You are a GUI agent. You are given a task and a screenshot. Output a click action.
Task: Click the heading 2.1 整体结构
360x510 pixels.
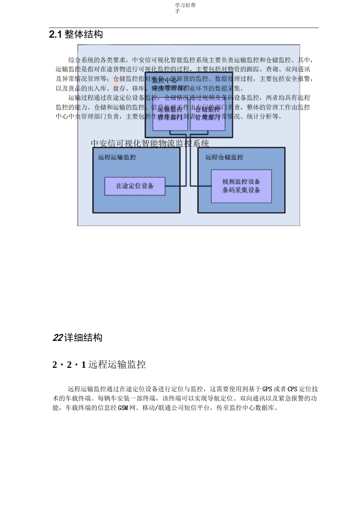pos(76,35)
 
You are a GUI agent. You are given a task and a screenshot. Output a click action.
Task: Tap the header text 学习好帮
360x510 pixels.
pos(185,5)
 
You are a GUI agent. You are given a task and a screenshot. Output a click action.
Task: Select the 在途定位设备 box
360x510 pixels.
pos(135,186)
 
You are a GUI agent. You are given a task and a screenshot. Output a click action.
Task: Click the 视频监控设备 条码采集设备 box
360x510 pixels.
pos(241,186)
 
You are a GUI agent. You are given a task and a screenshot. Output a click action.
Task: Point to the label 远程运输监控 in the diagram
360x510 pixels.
pos(117,157)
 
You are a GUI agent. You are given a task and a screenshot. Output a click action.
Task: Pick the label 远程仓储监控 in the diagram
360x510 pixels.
pos(224,157)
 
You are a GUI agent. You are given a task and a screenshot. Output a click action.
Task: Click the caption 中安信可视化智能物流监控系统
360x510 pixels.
pos(150,143)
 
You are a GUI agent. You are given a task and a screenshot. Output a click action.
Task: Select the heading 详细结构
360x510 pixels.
pos(83,337)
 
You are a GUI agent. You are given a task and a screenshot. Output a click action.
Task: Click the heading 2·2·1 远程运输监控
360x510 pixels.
pos(99,365)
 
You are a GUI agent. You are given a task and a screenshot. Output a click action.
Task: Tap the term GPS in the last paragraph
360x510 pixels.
pos(267,389)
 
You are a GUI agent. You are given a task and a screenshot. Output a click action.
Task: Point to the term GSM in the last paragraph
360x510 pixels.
pos(123,408)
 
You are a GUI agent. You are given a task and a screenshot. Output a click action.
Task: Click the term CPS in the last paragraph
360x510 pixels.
pos(293,389)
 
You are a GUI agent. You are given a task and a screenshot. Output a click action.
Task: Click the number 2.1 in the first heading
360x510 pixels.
pos(55,35)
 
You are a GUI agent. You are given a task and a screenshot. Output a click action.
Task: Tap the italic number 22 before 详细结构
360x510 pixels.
pos(58,337)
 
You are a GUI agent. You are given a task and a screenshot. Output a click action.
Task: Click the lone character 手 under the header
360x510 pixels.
pos(177,11)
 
